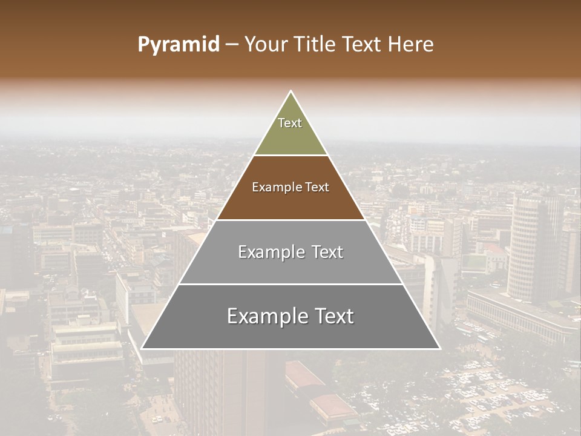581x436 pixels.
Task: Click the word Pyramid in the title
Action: tap(178, 45)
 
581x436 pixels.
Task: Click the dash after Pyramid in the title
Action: tap(232, 45)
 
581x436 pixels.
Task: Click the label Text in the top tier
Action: tap(290, 123)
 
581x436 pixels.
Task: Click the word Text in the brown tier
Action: tap(318, 188)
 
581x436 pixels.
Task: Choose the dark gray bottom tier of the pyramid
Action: tap(290, 333)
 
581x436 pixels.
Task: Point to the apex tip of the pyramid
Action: tap(290, 93)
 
